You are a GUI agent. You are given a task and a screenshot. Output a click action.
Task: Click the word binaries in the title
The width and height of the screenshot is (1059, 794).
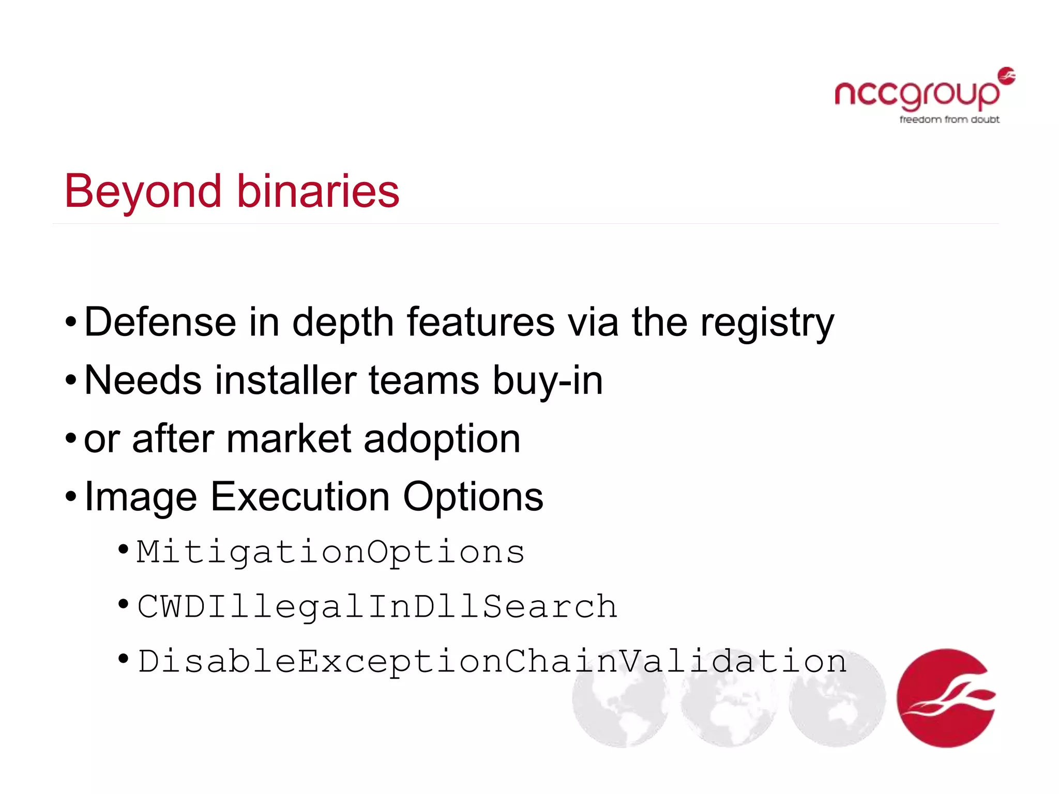(x=318, y=191)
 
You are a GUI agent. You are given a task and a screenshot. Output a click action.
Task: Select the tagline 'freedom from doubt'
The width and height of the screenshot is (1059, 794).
(x=949, y=119)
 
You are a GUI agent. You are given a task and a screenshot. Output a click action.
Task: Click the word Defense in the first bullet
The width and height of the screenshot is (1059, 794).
(x=160, y=322)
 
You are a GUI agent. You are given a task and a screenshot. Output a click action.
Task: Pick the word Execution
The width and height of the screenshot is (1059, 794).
(x=300, y=497)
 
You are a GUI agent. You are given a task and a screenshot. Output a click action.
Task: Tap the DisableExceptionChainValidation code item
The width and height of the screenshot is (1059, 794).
(x=492, y=661)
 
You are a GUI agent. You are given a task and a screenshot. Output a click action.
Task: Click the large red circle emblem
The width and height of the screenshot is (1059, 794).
(x=946, y=698)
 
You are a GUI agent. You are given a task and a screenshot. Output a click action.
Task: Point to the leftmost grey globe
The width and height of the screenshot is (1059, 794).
(x=620, y=698)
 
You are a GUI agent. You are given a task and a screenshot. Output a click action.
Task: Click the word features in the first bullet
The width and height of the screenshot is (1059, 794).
(x=480, y=322)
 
